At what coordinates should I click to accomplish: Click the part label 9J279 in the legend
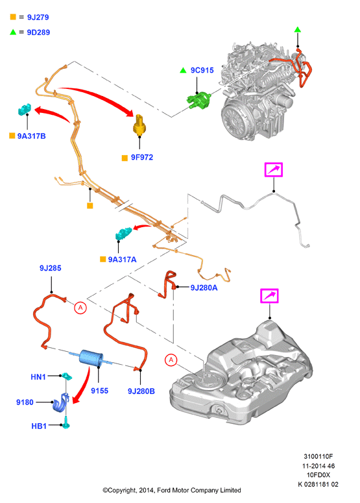pos(38,18)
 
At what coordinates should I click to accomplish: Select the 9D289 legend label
pos(38,32)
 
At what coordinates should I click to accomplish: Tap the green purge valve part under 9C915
pos(199,100)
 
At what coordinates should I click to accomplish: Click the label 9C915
pos(202,70)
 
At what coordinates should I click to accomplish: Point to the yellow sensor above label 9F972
pos(139,125)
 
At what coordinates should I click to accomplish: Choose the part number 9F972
pos(141,158)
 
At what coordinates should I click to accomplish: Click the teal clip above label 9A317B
pos(25,110)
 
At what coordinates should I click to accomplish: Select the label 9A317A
pos(122,260)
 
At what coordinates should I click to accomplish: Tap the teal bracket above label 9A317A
pos(123,234)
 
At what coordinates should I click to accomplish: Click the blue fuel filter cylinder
pos(91,358)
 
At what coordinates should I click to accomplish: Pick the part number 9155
pos(99,391)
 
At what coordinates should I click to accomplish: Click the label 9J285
pos(51,268)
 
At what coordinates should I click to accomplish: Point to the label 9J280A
pos(204,288)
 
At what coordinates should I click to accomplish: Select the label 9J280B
pos(141,391)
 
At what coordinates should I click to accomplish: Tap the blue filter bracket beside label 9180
pos(60,403)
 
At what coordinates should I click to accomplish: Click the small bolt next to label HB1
pos(66,423)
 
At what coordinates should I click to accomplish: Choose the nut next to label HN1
pos(66,376)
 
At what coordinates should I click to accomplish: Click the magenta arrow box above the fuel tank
pos(269,296)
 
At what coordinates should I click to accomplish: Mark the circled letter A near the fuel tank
pos(171,360)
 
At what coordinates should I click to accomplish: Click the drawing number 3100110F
pos(318,456)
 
